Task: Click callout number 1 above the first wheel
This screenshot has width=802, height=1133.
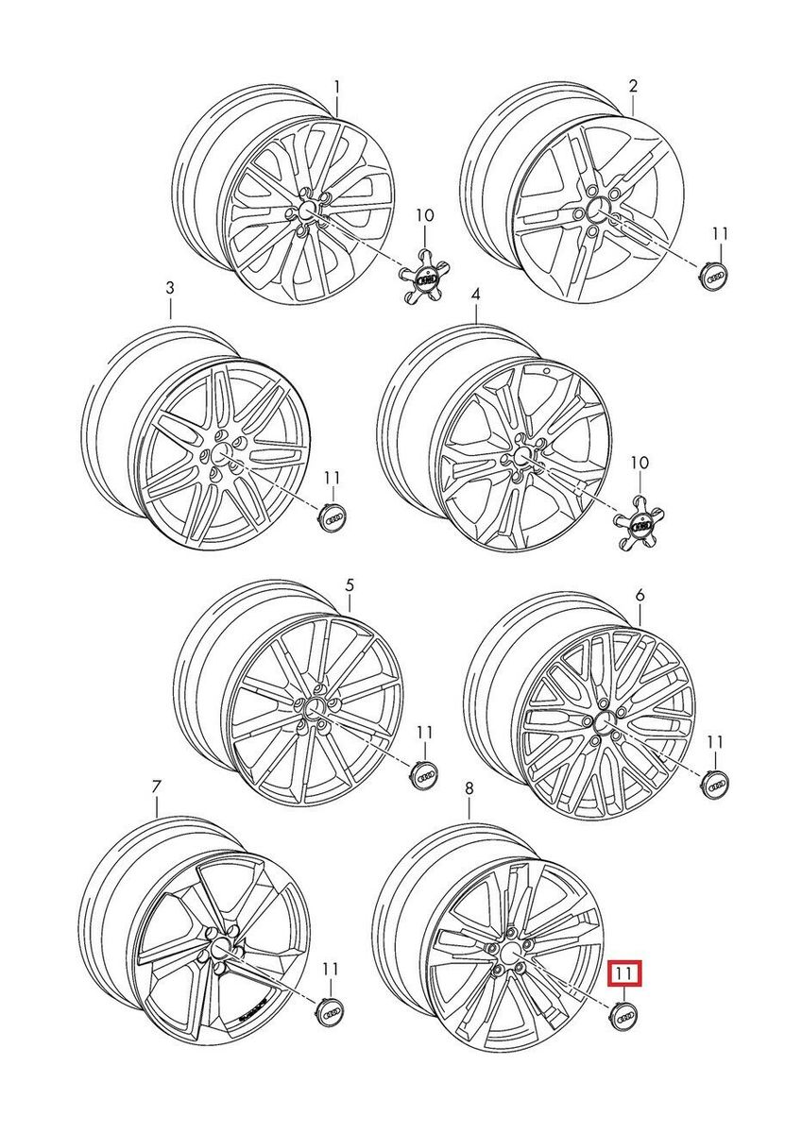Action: pos(337,88)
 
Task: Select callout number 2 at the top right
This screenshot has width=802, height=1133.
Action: pos(633,86)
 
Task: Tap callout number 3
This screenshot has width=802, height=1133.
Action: pos(170,289)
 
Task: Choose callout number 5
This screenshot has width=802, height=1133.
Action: pos(350,586)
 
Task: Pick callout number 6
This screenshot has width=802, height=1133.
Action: pos(640,597)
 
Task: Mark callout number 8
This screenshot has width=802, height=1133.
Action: pos(469,788)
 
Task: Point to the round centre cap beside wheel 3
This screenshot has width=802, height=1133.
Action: pos(333,518)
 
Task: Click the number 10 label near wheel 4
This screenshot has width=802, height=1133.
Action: pos(640,462)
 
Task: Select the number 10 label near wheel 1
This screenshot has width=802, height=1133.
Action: pos(425,215)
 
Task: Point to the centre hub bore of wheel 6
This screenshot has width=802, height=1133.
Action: pos(606,720)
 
